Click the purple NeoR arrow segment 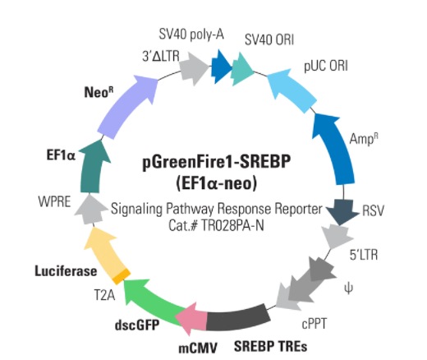[x=126, y=107]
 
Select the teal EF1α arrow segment [x=92, y=167]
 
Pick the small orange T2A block [x=122, y=276]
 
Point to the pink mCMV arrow [x=191, y=319]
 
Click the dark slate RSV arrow [x=342, y=212]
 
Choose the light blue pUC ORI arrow [x=292, y=89]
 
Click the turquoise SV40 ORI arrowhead [x=241, y=69]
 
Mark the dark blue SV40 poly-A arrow [x=221, y=67]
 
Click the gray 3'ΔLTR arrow [x=194, y=67]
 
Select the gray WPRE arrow [x=90, y=210]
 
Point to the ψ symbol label [x=348, y=288]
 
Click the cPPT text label [x=315, y=324]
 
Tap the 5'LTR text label [x=364, y=255]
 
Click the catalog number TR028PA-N [x=232, y=226]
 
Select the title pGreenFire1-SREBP [x=217, y=162]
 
